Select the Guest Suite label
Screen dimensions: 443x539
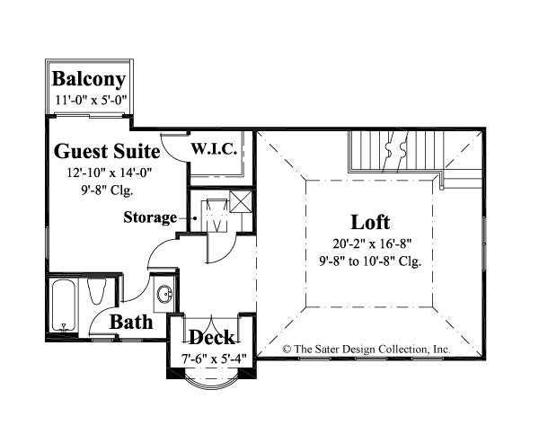click(x=107, y=150)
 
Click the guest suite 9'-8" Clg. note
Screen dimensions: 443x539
click(x=107, y=188)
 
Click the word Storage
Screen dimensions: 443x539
click(x=149, y=217)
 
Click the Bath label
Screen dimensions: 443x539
click(x=131, y=322)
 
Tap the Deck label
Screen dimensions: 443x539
click(x=212, y=338)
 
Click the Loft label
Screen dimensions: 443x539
click(x=370, y=222)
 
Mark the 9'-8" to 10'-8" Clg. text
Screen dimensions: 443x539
click(x=370, y=261)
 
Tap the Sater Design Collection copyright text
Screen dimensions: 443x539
click(x=366, y=347)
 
